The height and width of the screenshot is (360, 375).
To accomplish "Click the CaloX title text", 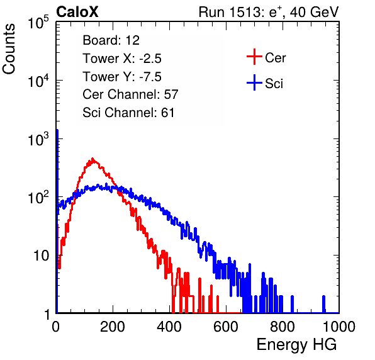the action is coord(77,12).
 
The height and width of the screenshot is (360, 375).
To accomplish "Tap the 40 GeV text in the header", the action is coord(314,12).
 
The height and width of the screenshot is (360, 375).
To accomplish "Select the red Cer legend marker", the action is coord(254,57).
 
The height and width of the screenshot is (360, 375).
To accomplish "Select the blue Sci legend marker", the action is coord(254,82).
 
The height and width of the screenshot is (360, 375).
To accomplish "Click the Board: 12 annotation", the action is coord(111,40).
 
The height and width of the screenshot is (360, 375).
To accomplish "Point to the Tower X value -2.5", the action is coord(150,59).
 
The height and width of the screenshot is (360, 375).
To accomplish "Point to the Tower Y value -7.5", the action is coord(150,77).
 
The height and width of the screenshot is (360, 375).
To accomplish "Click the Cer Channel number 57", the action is coord(171,94).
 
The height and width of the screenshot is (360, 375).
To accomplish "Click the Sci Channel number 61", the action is coord(167,113).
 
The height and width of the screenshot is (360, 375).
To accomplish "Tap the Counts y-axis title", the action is coord(9,48).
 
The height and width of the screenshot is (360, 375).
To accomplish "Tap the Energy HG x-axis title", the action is coord(296,345).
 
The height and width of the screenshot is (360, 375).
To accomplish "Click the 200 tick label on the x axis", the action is coord(113,327).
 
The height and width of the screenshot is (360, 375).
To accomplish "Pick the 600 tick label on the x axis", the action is coord(226,327).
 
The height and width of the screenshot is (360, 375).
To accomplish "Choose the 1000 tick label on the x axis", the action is coord(339,327).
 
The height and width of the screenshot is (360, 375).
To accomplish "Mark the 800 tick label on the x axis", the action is coord(283,327).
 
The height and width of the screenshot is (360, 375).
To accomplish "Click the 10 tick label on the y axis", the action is coord(41,256).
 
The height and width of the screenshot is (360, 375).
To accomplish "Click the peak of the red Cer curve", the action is coord(92,159).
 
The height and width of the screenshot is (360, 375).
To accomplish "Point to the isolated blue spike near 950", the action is coord(323,304).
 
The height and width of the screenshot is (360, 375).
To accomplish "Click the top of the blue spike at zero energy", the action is coord(57,130).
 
